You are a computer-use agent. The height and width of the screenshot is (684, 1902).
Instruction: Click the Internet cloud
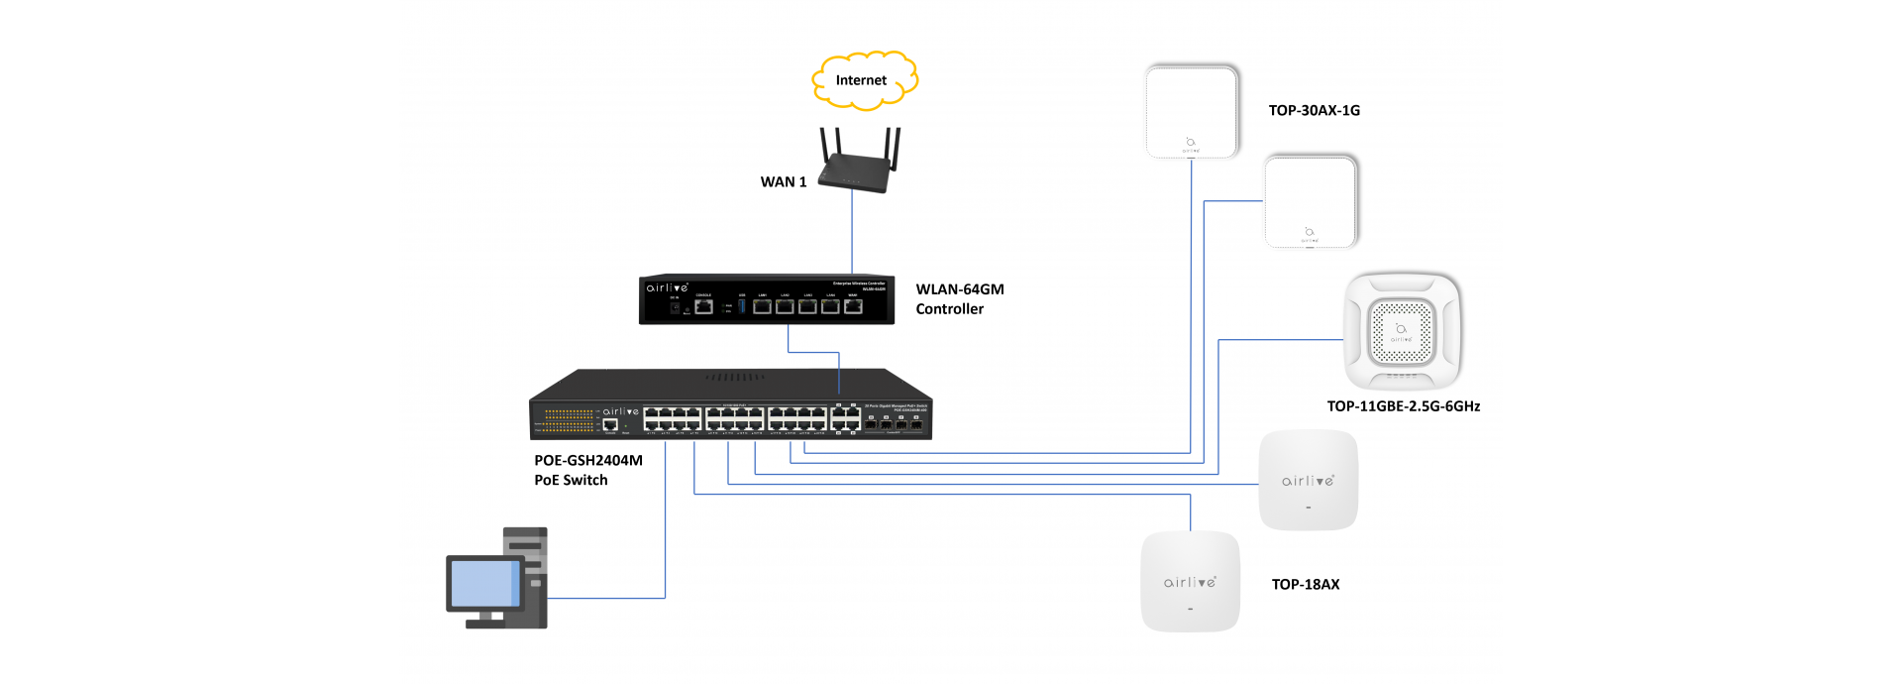863,80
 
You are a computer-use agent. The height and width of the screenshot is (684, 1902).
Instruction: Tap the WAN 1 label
783,182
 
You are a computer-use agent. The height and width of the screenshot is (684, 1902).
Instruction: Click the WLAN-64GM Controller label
959,299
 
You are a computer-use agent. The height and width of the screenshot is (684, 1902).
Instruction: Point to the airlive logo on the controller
667,287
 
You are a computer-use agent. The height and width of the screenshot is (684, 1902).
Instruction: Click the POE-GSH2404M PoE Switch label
587,470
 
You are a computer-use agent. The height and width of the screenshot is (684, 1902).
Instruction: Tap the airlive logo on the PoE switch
620,411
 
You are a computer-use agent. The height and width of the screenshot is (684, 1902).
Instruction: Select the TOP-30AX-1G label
1314,111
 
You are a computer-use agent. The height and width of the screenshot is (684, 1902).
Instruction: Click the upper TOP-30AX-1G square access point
1192,111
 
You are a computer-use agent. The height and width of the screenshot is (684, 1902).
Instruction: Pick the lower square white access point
1310,202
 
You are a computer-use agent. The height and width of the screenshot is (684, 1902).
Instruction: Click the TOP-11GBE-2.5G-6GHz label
1403,406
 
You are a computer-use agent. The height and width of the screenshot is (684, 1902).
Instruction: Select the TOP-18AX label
1305,585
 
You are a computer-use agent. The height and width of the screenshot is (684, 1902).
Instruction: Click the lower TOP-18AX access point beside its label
1190,582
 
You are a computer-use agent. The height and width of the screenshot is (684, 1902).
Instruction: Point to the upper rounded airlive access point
1308,481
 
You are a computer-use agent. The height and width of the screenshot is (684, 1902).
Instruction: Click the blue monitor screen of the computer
484,583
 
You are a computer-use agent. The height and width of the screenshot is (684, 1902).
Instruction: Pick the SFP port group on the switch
893,422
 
